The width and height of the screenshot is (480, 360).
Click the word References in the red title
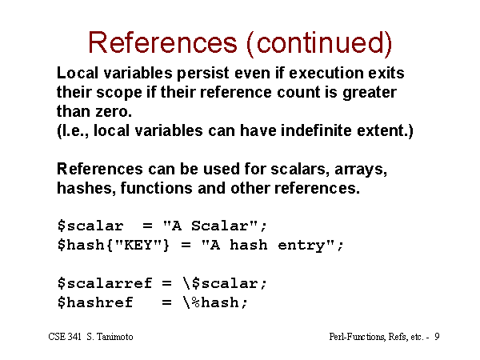point(162,42)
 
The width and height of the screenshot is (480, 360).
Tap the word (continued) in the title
point(319,44)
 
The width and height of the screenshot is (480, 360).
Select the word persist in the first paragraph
point(203,73)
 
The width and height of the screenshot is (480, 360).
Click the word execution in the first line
point(326,73)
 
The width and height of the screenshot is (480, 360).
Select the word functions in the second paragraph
point(157,188)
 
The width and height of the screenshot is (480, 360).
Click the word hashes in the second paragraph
point(84,188)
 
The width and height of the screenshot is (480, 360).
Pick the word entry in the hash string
point(301,246)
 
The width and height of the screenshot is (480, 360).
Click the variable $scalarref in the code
point(105,283)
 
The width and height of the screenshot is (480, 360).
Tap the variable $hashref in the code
point(95,302)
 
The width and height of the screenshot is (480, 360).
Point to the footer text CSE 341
point(65,337)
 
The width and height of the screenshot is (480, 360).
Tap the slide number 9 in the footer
point(437,337)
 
